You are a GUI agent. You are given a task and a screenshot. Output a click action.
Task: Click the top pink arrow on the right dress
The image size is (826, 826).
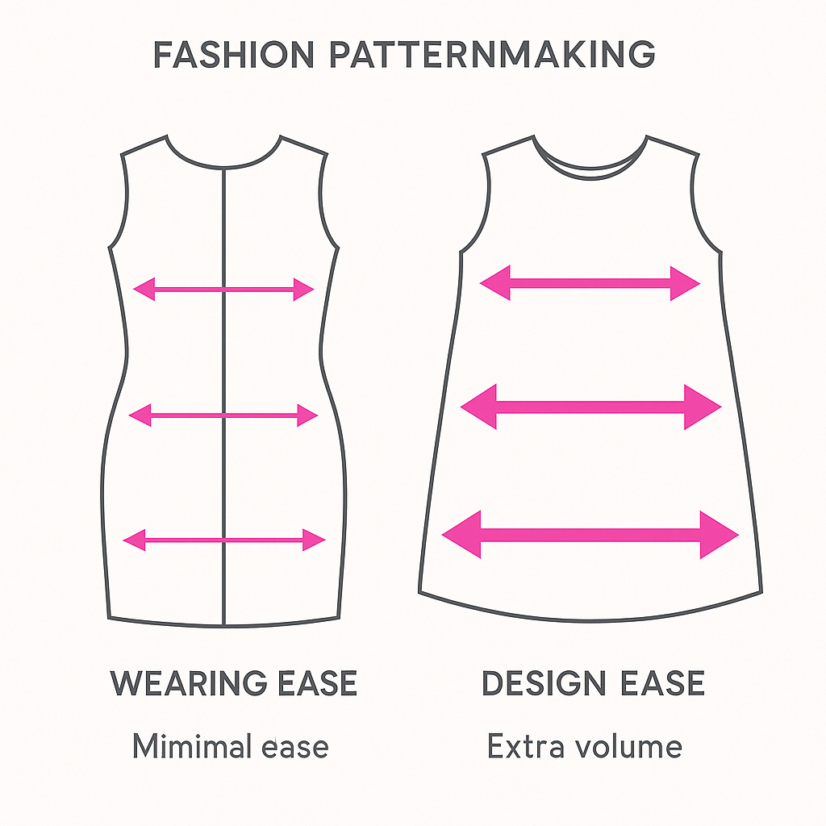[x=590, y=283]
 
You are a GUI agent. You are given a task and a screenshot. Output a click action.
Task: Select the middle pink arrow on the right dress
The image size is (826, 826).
[x=590, y=407]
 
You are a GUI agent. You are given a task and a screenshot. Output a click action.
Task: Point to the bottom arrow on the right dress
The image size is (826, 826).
[x=590, y=534]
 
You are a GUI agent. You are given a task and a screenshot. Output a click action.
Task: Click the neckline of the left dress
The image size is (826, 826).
[x=223, y=164]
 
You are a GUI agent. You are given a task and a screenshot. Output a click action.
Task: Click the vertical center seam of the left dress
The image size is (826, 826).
[x=223, y=355]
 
